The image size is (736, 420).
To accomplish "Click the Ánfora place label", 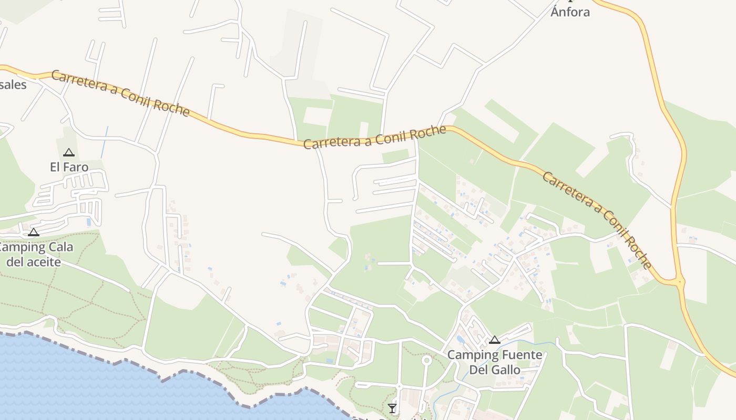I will pos(570,12).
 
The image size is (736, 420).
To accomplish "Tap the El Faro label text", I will pos(69,167).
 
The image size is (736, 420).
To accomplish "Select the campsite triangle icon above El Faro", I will pos(68,153).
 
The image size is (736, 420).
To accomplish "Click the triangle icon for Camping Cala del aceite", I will pos(34,232).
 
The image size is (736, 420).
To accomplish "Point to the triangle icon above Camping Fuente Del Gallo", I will pos(494,340).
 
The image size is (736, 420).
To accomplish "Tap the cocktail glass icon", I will pos(392,408).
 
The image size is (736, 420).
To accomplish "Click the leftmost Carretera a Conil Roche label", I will pos(120,93).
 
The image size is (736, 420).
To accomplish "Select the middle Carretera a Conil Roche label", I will pos(374,137).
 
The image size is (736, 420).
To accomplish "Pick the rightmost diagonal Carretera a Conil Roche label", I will pos(597,220).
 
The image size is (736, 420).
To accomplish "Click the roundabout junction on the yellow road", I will pos(680,282).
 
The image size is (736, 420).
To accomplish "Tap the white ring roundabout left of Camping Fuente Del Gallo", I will pos(426,360).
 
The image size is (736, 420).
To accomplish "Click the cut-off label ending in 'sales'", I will pos(13,84).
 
